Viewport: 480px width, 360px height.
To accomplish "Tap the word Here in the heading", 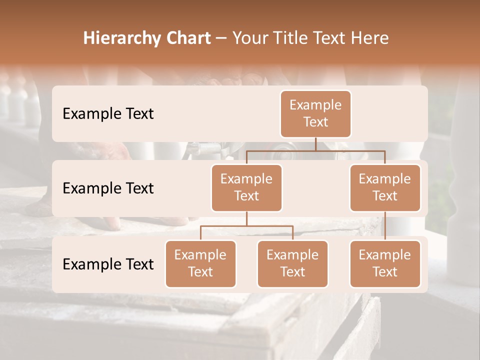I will tap(368, 38).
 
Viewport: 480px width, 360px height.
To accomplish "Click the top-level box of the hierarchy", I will tap(315, 113).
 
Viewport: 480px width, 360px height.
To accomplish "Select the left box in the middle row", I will tap(246, 187).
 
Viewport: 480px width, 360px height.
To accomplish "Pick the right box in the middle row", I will tap(385, 187).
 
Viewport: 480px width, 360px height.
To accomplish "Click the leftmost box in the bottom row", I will tap(200, 263).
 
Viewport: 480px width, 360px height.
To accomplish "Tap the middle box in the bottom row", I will tap(292, 263).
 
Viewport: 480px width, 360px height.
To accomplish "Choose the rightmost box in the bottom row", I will tap(385, 263).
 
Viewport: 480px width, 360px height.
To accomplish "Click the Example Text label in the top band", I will tap(108, 113).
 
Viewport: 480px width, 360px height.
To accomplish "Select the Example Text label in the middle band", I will tap(108, 188).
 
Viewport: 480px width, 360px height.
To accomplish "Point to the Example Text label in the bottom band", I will tap(108, 264).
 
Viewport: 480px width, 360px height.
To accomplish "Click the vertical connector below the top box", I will tap(315, 144).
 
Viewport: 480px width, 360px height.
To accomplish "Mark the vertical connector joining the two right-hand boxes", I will tap(385, 226).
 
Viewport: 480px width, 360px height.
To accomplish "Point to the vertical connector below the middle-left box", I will tap(246, 218).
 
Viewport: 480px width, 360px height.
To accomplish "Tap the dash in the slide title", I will tap(221, 38).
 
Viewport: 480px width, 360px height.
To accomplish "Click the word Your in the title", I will tap(249, 38).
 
